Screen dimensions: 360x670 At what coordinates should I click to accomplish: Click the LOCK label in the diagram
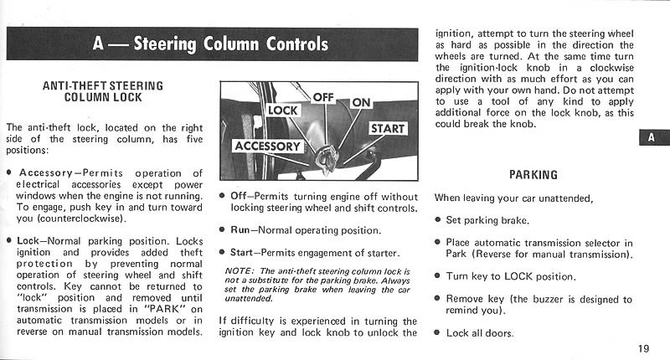[x=281, y=110]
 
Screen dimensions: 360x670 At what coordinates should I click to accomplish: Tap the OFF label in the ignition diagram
[x=323, y=96]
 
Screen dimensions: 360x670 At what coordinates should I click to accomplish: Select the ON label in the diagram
[x=361, y=102]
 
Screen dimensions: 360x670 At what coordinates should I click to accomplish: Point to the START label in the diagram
[x=388, y=128]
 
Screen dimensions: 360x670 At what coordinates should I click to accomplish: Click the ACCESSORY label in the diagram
[x=267, y=146]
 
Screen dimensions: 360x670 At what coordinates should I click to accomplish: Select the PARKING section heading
[x=533, y=176]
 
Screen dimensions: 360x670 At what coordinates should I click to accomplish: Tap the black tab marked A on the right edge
[x=652, y=138]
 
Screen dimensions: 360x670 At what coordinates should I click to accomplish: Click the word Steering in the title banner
[x=166, y=44]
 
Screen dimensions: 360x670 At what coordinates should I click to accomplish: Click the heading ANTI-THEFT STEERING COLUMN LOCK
[x=101, y=91]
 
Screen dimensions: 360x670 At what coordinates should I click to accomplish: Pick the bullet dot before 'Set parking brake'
[x=438, y=221]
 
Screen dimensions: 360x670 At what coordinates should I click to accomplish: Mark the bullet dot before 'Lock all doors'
[x=438, y=333]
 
